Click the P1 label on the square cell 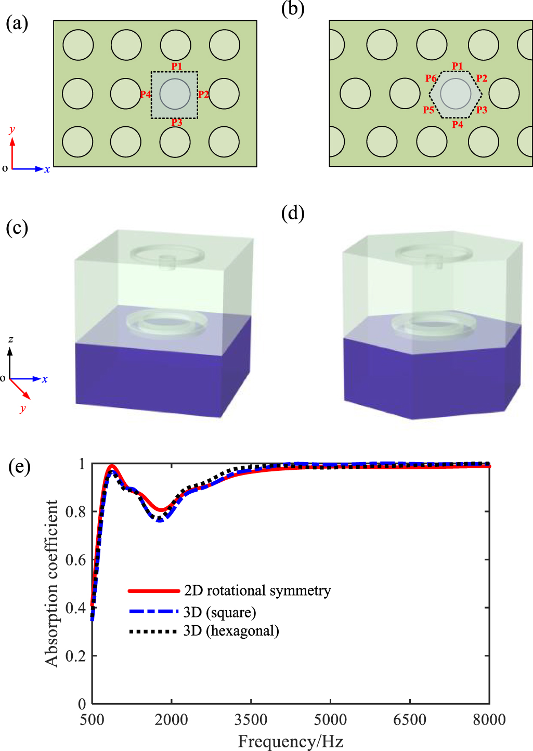pyautogui.click(x=177, y=66)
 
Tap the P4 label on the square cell pyautogui.click(x=145, y=95)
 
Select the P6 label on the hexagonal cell pyautogui.click(x=431, y=78)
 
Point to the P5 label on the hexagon pyautogui.click(x=428, y=110)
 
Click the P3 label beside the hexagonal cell pyautogui.click(x=482, y=110)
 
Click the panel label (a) pyautogui.click(x=17, y=23)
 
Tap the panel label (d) pyautogui.click(x=292, y=213)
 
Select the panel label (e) pyautogui.click(x=19, y=466)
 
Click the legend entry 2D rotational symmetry pyautogui.click(x=257, y=591)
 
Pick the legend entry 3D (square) pyautogui.click(x=220, y=612)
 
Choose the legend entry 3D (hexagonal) pyautogui.click(x=231, y=631)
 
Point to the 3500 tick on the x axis pyautogui.click(x=251, y=720)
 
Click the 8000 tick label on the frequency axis pyautogui.click(x=489, y=720)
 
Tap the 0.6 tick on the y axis pyautogui.click(x=75, y=560)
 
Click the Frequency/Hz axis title pyautogui.click(x=290, y=741)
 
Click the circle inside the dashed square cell pyautogui.click(x=175, y=94)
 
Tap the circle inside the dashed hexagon pyautogui.click(x=456, y=94)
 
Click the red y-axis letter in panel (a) pyautogui.click(x=12, y=129)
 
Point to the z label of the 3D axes pyautogui.click(x=10, y=339)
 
